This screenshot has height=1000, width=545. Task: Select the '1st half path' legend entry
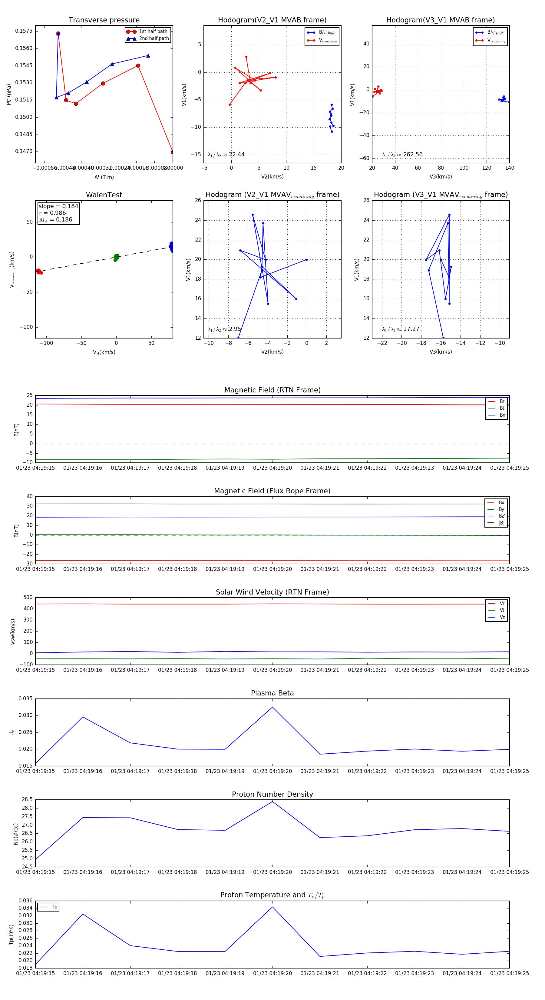[153, 32]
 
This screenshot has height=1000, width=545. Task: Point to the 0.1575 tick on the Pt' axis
[24, 31]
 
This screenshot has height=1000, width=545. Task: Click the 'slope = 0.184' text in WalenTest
[58, 206]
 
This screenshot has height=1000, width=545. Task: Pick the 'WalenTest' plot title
[104, 195]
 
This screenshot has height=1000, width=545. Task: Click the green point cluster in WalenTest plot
[116, 257]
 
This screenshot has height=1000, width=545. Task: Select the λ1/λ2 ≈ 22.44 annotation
[226, 155]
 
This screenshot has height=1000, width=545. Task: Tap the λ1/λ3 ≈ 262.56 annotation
[402, 155]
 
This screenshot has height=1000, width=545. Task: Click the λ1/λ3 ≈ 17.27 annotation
[401, 329]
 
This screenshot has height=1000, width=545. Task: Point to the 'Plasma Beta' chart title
[272, 693]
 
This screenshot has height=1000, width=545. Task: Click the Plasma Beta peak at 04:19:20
[272, 707]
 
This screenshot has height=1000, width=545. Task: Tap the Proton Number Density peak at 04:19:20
[272, 802]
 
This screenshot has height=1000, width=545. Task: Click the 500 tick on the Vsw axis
[28, 598]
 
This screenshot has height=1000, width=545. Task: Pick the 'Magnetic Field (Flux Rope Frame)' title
[272, 491]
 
